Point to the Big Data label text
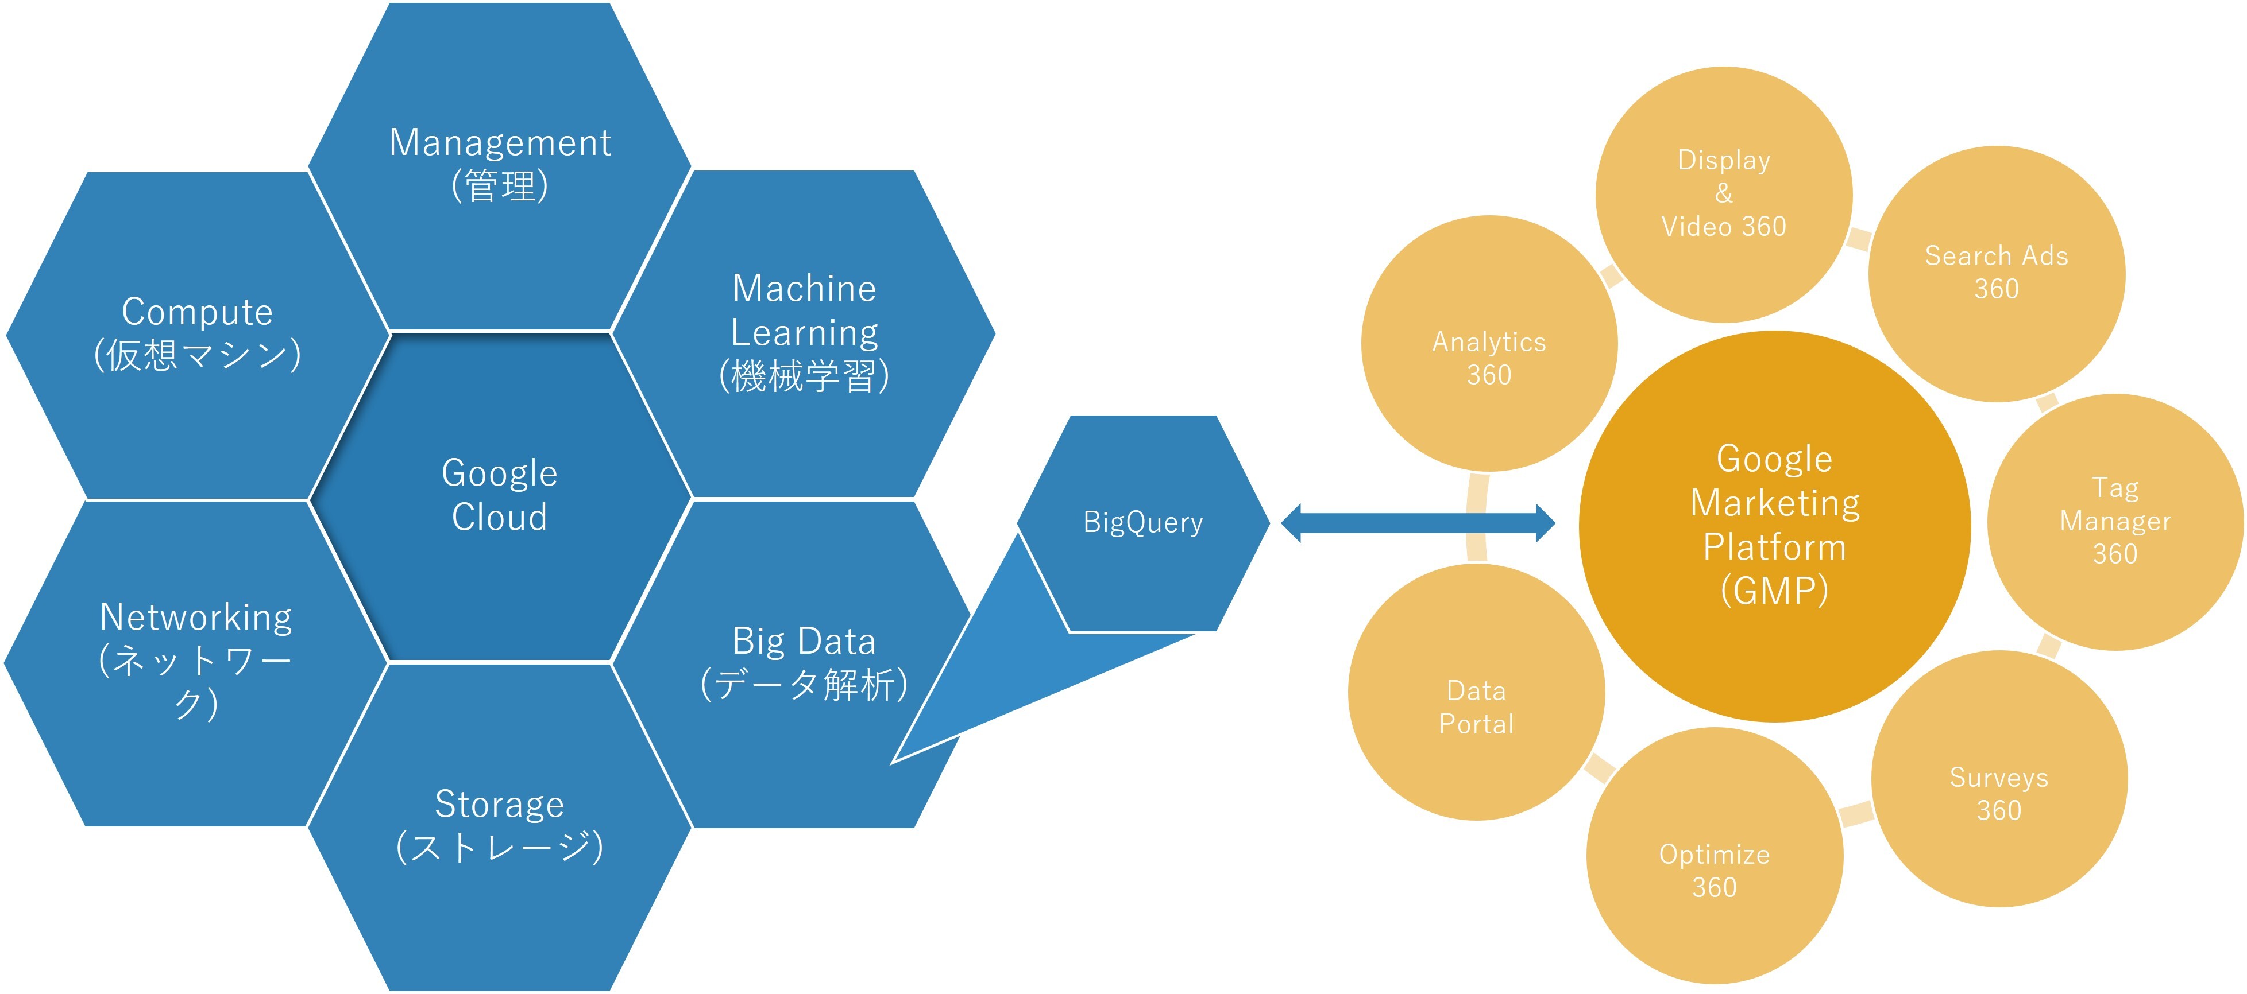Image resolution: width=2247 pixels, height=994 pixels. (804, 642)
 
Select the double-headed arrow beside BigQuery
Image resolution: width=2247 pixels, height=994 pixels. (1418, 523)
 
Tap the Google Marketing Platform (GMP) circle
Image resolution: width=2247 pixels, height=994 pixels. (1774, 526)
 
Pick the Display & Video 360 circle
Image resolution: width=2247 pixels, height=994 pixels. (1724, 193)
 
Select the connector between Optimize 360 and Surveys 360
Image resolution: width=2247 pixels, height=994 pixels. (1856, 814)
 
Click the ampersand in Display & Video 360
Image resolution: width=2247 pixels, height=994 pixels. (1724, 193)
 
